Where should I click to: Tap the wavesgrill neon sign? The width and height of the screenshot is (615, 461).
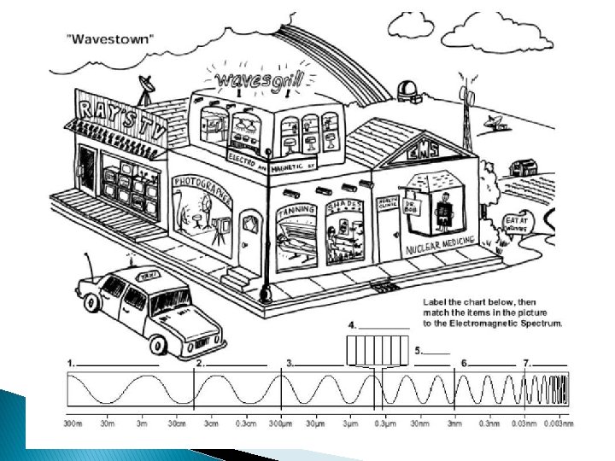tap(254, 79)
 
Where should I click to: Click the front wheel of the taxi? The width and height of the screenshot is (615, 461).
tap(160, 344)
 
